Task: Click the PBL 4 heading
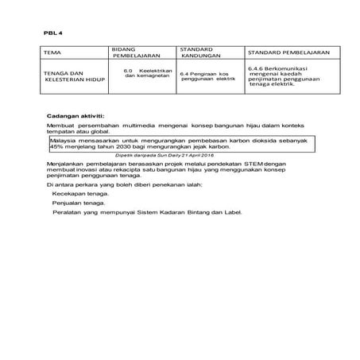click(x=53, y=33)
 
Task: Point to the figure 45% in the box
click(x=56, y=147)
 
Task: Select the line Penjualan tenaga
click(x=77, y=203)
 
